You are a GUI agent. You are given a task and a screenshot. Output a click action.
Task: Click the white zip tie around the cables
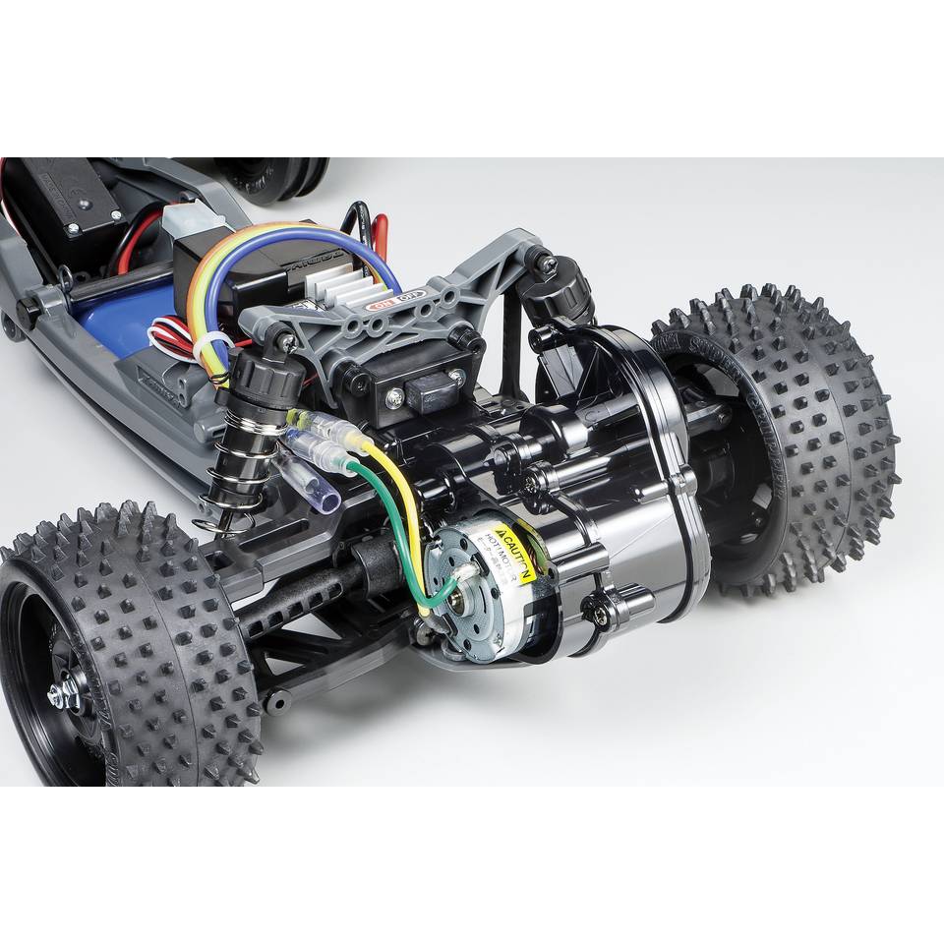219,348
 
